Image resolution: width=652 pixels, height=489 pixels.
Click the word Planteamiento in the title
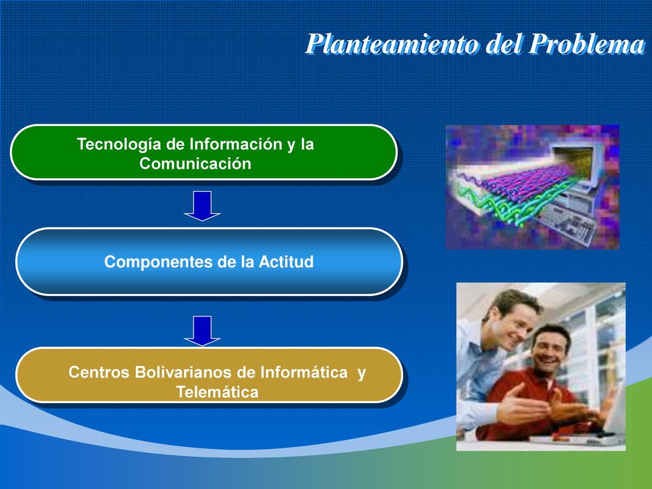[x=393, y=44]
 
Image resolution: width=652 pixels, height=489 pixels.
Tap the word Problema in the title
[x=586, y=44]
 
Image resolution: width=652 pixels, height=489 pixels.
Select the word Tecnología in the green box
[x=119, y=145]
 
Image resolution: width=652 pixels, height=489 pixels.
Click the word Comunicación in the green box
[x=195, y=164]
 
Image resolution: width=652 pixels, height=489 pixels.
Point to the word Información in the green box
[x=236, y=145]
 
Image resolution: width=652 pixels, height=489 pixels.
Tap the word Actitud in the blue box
[x=286, y=262]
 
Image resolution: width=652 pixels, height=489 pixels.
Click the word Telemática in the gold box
[x=217, y=392]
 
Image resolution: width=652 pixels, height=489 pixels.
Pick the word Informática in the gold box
[x=304, y=372]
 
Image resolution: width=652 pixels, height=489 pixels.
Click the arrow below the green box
[x=202, y=206]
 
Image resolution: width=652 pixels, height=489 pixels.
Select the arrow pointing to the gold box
[x=202, y=330]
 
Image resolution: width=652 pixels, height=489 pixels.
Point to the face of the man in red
[x=549, y=350]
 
